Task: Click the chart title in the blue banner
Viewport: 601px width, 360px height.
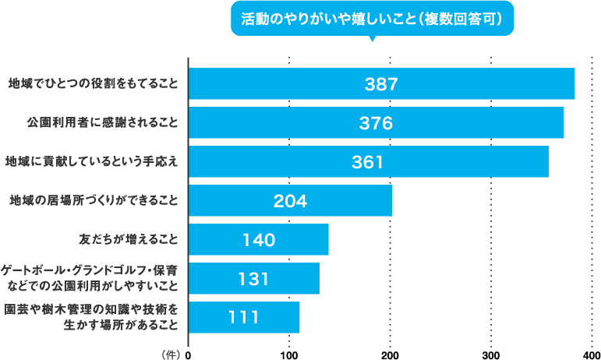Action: (x=373, y=18)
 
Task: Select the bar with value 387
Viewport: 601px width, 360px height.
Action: (x=381, y=83)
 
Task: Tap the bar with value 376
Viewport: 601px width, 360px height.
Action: (x=376, y=122)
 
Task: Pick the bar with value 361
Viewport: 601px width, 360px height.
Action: (x=369, y=161)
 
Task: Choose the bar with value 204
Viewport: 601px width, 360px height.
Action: (x=290, y=200)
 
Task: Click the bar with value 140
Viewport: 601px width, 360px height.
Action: (x=258, y=239)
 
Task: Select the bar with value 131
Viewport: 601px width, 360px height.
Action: (x=254, y=278)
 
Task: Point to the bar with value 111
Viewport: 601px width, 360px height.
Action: (x=244, y=317)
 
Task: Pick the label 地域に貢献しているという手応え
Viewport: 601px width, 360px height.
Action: (x=91, y=161)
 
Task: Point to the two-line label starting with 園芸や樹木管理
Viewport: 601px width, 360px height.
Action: (x=92, y=317)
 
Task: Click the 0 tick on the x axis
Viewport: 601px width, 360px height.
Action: (x=188, y=354)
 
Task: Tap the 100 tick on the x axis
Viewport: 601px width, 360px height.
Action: (x=289, y=354)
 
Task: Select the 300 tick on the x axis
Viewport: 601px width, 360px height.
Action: (x=491, y=354)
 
